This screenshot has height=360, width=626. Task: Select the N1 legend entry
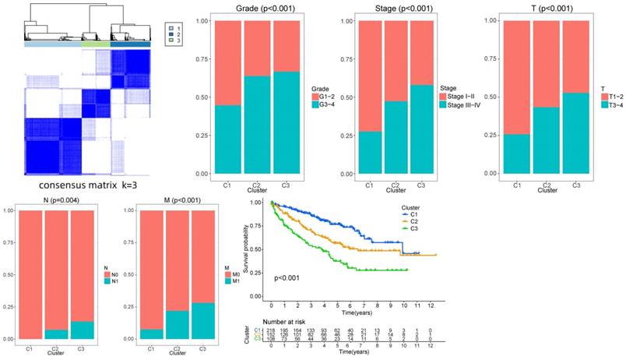pos(111,279)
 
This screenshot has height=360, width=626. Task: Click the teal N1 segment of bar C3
pos(82,330)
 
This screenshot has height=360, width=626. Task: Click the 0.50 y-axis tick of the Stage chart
pos(339,97)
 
